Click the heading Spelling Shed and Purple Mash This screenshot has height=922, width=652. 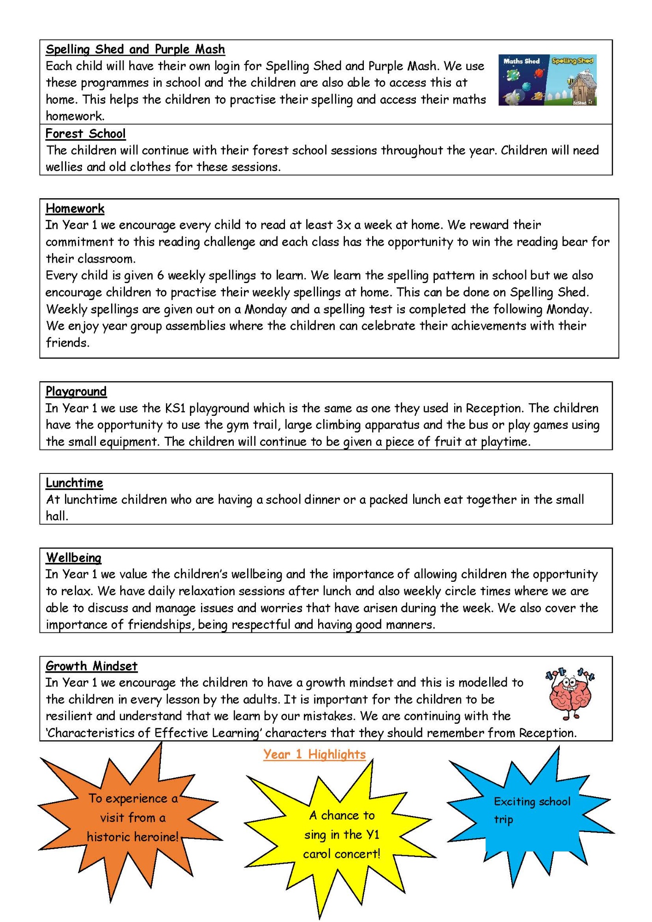pyautogui.click(x=135, y=49)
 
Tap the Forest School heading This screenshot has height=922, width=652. pyautogui.click(x=85, y=134)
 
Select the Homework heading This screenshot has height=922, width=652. pyautogui.click(x=75, y=208)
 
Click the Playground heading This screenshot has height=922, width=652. pyautogui.click(x=76, y=391)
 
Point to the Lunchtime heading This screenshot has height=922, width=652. pyautogui.click(x=74, y=483)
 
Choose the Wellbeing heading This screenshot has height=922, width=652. pyautogui.click(x=73, y=557)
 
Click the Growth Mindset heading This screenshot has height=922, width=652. pyautogui.click(x=91, y=666)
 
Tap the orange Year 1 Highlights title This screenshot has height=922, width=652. pyautogui.click(x=314, y=754)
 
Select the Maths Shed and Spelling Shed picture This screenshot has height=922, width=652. pyautogui.click(x=547, y=80)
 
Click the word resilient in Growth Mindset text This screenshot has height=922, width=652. pyautogui.click(x=69, y=716)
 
